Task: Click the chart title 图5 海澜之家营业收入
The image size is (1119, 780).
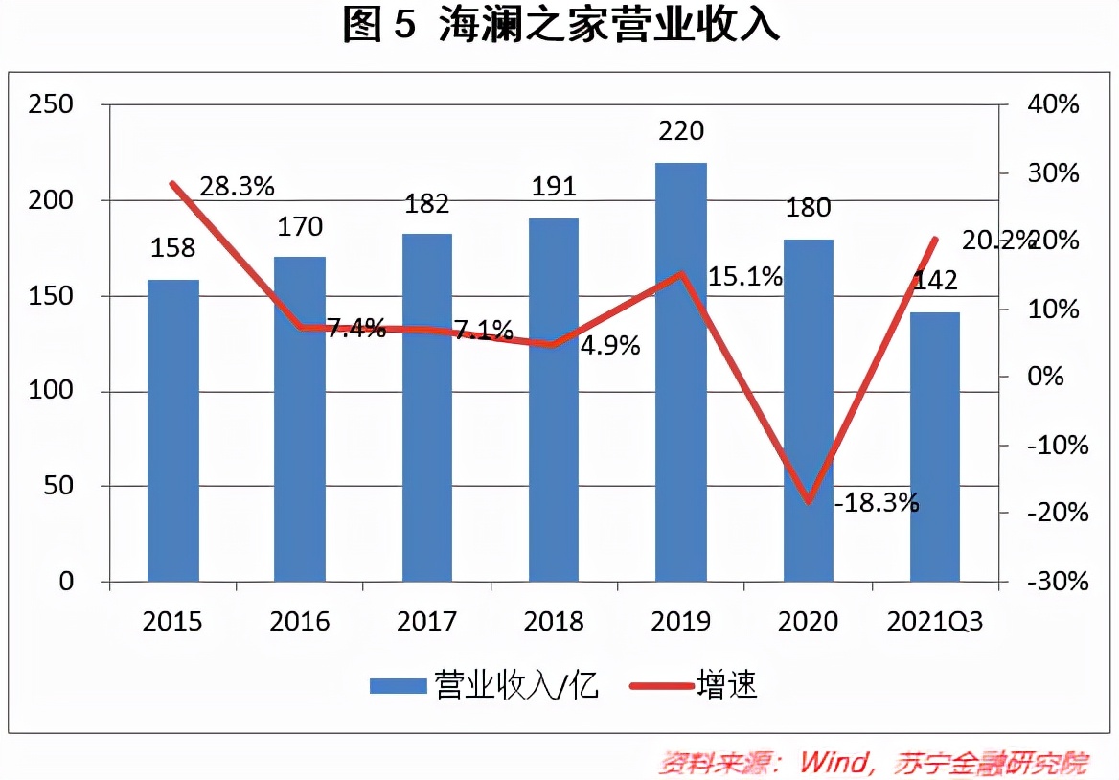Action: (x=560, y=27)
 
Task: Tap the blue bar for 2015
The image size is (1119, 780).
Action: (x=173, y=430)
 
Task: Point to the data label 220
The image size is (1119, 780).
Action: (x=681, y=130)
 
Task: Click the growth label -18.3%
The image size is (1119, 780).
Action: (x=876, y=501)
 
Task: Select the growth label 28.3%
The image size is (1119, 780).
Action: (x=238, y=186)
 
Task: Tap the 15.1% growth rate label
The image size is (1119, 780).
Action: (x=744, y=277)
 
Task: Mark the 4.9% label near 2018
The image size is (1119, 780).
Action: (x=610, y=346)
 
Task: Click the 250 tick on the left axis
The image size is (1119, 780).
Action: (x=52, y=104)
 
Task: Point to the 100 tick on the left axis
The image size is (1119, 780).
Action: (x=52, y=391)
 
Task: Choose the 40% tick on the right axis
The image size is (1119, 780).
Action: (x=1055, y=104)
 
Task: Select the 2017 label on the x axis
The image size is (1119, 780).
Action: (x=426, y=621)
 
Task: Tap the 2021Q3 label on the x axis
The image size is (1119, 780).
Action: (x=935, y=621)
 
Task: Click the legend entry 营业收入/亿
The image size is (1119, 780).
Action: (x=485, y=685)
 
